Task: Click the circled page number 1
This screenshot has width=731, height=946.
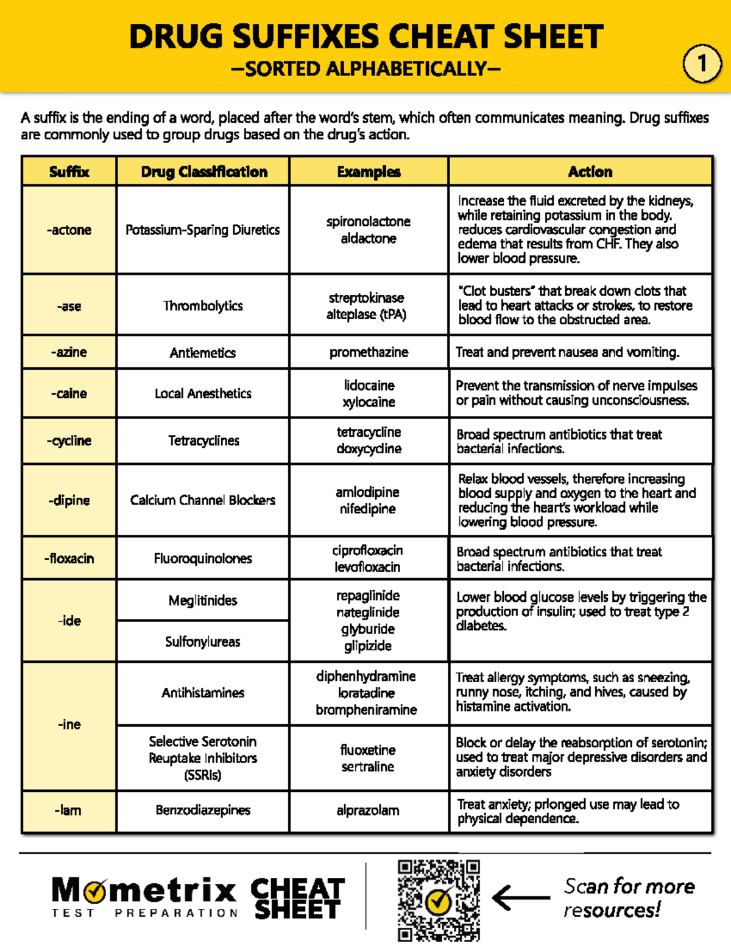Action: click(x=702, y=63)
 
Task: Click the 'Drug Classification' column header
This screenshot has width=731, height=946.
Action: click(x=203, y=172)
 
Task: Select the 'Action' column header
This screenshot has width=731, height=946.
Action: click(x=590, y=172)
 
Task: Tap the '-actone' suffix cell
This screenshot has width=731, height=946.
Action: click(x=69, y=230)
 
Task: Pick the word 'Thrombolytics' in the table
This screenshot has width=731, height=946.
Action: click(x=203, y=306)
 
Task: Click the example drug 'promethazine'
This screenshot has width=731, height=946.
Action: click(x=369, y=352)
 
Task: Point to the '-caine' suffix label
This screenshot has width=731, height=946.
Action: click(x=69, y=394)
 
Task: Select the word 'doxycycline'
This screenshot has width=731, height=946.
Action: click(x=369, y=449)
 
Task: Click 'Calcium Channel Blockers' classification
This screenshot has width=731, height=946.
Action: click(x=203, y=500)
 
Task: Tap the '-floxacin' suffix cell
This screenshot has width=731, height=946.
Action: click(x=69, y=559)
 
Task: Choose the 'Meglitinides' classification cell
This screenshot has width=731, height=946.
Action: click(x=203, y=601)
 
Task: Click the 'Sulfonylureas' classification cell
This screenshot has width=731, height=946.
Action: click(x=203, y=641)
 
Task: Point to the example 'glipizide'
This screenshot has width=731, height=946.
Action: click(x=368, y=646)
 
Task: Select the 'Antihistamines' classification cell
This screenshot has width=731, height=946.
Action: click(x=203, y=693)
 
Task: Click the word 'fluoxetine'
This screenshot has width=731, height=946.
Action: click(x=368, y=750)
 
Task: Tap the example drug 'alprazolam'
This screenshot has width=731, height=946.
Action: click(x=368, y=810)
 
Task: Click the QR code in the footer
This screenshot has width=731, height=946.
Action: click(x=439, y=900)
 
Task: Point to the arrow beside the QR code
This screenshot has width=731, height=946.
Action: click(x=520, y=897)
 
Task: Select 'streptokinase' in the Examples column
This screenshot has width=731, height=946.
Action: click(x=366, y=298)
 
